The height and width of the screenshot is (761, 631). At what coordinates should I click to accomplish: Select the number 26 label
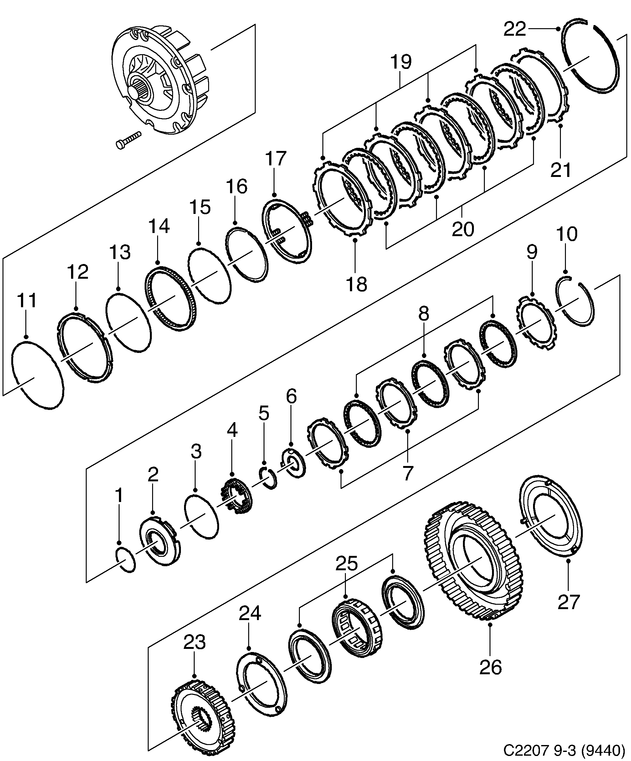pos(490,667)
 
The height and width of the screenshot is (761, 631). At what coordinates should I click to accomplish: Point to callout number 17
pos(275,159)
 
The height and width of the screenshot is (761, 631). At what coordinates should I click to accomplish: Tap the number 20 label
pos(463,229)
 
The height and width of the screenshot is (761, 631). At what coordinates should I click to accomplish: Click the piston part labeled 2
pos(159,542)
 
